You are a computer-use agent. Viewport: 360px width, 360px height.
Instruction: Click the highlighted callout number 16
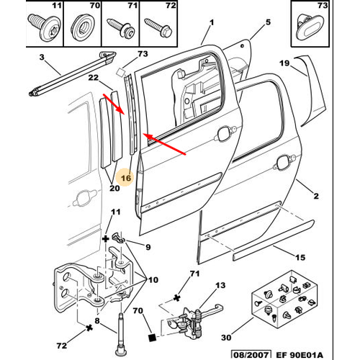(x=126, y=178)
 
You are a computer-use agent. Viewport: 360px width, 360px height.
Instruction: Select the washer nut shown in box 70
(x=83, y=27)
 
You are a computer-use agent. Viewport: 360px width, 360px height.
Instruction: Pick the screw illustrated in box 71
(x=122, y=28)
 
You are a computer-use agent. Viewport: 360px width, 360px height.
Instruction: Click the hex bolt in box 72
(x=158, y=27)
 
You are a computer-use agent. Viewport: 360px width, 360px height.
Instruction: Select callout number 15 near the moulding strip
(x=300, y=258)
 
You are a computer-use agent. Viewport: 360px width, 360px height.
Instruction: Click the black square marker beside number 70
(x=153, y=338)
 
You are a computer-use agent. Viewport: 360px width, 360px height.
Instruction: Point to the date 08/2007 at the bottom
(x=251, y=355)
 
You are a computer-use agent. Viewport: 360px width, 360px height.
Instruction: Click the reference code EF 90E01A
(x=300, y=355)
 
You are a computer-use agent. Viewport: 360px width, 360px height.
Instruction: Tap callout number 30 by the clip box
(x=226, y=338)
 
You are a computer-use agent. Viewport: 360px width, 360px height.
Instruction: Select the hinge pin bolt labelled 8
(x=121, y=336)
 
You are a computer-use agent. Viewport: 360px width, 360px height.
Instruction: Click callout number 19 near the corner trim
(x=284, y=63)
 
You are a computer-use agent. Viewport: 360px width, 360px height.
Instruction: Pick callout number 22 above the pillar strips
(x=94, y=78)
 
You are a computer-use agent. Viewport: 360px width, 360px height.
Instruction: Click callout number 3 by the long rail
(x=42, y=57)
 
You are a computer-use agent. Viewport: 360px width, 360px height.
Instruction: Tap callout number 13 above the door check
(x=220, y=285)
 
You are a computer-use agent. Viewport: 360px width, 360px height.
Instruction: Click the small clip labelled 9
(x=119, y=237)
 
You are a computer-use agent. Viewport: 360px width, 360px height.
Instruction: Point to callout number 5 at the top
(x=268, y=22)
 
